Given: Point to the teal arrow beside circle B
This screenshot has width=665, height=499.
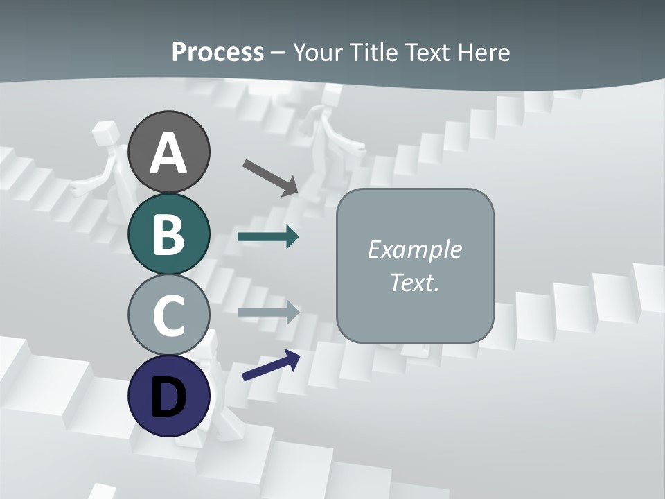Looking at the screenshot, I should click(x=268, y=237).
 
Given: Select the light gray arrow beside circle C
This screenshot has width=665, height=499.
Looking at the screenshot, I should click(x=268, y=312).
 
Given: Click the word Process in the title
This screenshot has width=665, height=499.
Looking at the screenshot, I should click(x=218, y=52).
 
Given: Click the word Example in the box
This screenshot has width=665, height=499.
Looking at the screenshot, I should click(x=414, y=249).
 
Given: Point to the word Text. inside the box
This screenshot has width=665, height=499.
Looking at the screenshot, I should click(x=414, y=283).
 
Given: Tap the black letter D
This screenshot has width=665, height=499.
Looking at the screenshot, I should click(x=168, y=397).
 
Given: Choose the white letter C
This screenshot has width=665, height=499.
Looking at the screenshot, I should click(x=168, y=315).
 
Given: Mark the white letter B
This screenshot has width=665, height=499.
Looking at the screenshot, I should click(x=168, y=234).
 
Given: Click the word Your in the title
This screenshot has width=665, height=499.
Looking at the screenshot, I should click(x=317, y=52).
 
